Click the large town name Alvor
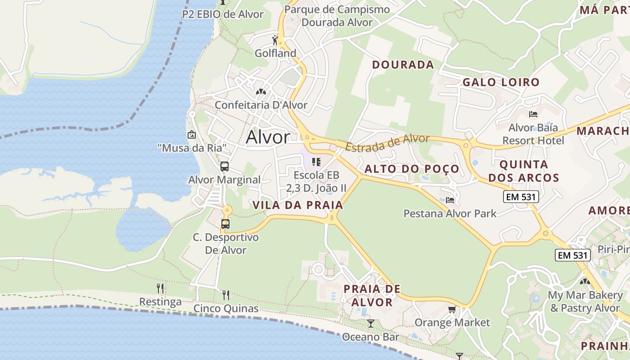(268, 137)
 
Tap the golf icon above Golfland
(275, 39)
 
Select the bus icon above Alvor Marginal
(225, 166)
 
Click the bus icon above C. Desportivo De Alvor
(225, 224)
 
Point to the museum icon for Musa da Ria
(192, 134)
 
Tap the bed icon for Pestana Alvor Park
(450, 200)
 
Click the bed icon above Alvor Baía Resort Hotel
(533, 114)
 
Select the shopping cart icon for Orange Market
(452, 309)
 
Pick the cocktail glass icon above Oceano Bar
(370, 323)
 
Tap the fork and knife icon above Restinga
(160, 288)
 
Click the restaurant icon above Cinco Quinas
(226, 295)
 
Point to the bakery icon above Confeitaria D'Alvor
(261, 92)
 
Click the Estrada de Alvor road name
(387, 142)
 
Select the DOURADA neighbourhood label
(403, 65)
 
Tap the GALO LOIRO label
(501, 82)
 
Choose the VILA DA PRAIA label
(298, 205)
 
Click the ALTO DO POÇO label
(412, 169)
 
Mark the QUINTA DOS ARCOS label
(524, 171)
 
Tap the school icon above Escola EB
(316, 162)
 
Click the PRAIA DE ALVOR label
(372, 295)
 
